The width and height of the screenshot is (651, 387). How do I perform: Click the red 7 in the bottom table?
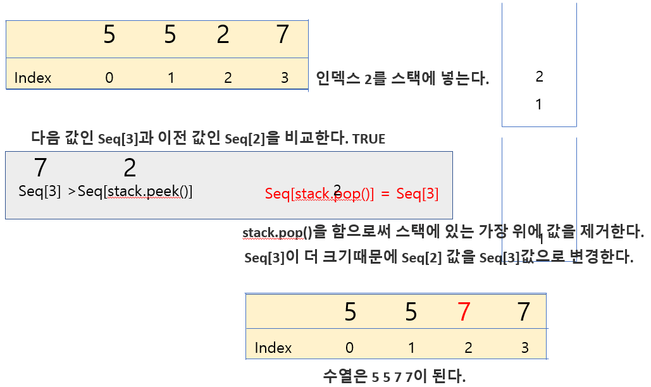pyautogui.click(x=464, y=312)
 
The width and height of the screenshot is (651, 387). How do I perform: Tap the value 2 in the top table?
pyautogui.click(x=223, y=35)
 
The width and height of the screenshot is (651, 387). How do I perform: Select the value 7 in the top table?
pyautogui.click(x=283, y=35)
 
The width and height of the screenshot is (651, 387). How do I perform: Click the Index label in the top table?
pyautogui.click(x=33, y=78)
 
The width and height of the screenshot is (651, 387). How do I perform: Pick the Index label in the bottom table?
pyautogui.click(x=273, y=348)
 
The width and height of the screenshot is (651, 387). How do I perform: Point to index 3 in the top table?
pyautogui.click(x=285, y=78)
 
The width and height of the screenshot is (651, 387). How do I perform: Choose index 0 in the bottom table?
pyautogui.click(x=350, y=348)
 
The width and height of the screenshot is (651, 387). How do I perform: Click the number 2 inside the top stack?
pyautogui.click(x=539, y=77)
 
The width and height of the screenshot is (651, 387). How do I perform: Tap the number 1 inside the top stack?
pyautogui.click(x=539, y=105)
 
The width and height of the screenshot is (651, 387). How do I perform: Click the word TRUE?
pyautogui.click(x=369, y=139)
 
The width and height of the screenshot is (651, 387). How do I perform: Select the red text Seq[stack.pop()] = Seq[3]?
pyautogui.click(x=352, y=194)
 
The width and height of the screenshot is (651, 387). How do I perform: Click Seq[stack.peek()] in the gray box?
pyautogui.click(x=135, y=192)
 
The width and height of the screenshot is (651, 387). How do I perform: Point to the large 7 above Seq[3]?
pyautogui.click(x=40, y=168)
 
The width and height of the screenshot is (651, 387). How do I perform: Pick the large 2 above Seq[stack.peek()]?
pyautogui.click(x=130, y=168)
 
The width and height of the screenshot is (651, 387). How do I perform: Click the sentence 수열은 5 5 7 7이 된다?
pyautogui.click(x=394, y=377)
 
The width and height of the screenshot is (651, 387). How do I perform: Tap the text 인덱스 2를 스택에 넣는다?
pyautogui.click(x=402, y=79)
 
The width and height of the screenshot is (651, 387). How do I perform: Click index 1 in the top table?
pyautogui.click(x=170, y=78)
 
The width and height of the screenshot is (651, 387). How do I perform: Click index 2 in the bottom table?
pyautogui.click(x=468, y=348)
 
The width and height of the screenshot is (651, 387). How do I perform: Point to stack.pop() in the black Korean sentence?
pyautogui.click(x=278, y=232)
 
